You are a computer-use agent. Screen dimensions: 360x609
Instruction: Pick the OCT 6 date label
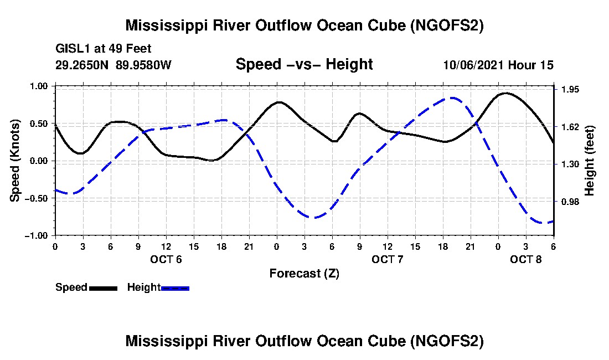pos(166,259)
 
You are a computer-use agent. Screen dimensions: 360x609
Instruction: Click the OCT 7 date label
pos(388,259)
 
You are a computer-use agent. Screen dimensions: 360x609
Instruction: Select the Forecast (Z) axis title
pos(304,274)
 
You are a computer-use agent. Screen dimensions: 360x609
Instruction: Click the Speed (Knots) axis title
pos(16,160)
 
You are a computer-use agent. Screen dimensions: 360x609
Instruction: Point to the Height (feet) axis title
pos(590,161)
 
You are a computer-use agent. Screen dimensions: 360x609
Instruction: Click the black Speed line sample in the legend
pos(103,288)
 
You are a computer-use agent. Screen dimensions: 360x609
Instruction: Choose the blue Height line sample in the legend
pos(175,288)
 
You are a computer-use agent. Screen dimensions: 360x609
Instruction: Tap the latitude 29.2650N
pos(82,65)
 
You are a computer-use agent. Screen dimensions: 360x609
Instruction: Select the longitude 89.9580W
pos(143,65)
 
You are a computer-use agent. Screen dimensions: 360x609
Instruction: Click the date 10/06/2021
pos(474,65)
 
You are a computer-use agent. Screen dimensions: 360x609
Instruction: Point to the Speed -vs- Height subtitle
pos(304,64)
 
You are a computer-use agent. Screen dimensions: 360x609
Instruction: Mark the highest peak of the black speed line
pos(505,93)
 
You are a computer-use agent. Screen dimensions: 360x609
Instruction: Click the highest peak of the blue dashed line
pos(453,98)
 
